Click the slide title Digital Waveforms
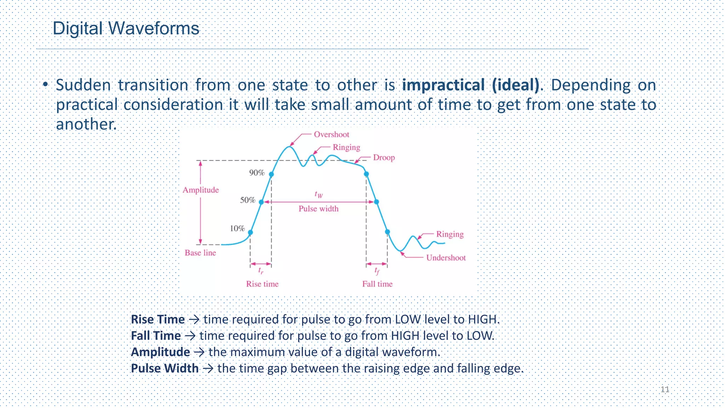tap(126, 28)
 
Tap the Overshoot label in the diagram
tap(331, 135)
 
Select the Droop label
tap(384, 158)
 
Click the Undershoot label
tap(446, 258)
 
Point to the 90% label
tap(257, 173)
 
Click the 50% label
tap(248, 200)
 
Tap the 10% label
tap(237, 228)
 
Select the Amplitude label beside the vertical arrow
tap(201, 190)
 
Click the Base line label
tap(200, 253)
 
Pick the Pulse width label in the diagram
tap(318, 209)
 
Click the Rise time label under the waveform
tap(262, 284)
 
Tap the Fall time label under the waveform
tap(377, 284)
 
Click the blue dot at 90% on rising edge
tap(272, 174)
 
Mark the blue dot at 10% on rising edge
tap(250, 233)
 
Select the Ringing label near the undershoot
tap(450, 234)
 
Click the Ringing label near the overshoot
tap(346, 147)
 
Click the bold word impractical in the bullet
tap(443, 85)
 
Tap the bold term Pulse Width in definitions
tap(165, 368)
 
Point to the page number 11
tap(665, 390)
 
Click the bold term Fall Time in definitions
tap(156, 336)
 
